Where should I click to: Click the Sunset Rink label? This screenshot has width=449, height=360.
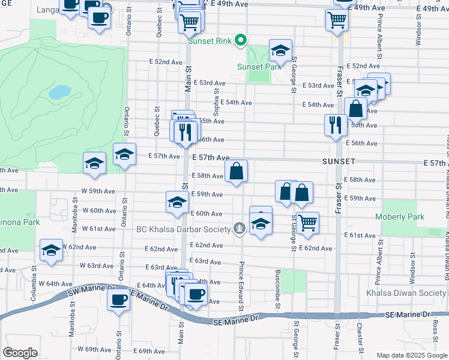pos(209,41)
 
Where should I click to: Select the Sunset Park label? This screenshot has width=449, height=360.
pos(259,67)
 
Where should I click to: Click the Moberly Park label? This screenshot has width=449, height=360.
pos(399,217)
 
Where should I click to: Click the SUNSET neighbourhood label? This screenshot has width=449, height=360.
pos(339,162)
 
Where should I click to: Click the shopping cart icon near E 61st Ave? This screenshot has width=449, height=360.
pos(308,223)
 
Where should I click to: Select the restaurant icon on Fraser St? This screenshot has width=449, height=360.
pos(334,125)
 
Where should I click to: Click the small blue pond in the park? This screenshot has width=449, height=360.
pos(59,92)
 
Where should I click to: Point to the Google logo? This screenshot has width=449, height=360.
pos(20,353)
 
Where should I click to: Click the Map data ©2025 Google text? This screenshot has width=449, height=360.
pos(412,355)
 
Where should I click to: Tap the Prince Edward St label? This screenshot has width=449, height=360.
pos(241,284)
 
